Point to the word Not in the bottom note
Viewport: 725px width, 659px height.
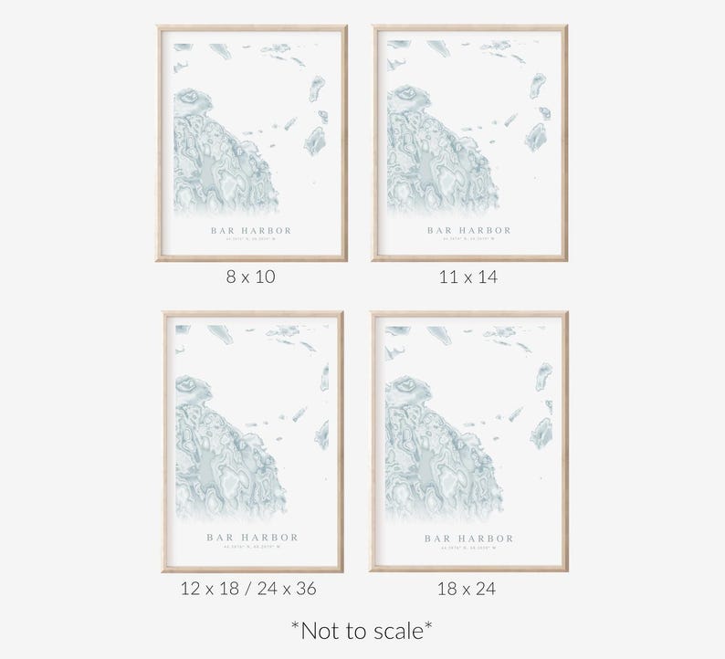pos(315,630)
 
